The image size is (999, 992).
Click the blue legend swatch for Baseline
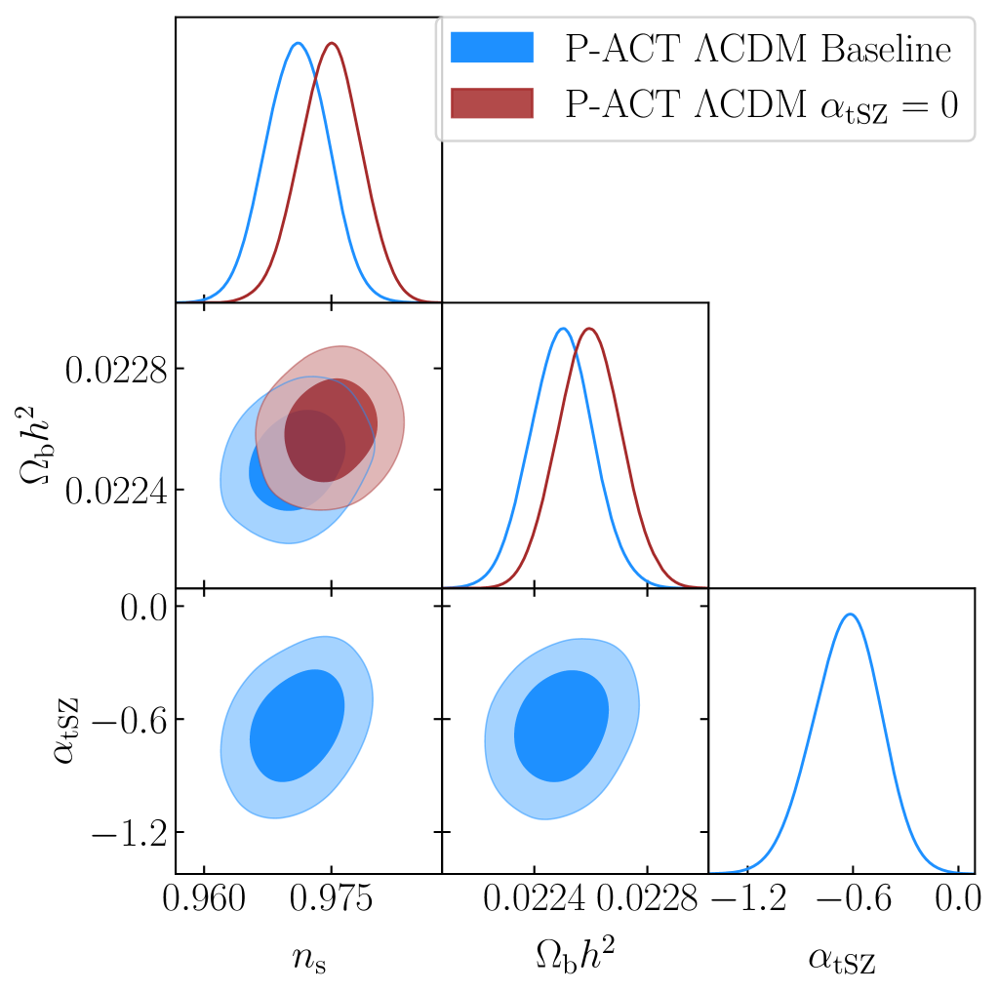pyautogui.click(x=493, y=48)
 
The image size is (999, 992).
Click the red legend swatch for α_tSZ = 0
pyautogui.click(x=493, y=103)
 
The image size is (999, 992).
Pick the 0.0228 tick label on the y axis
pyautogui.click(x=111, y=370)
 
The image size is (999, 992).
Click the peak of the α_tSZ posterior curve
pyautogui.click(x=851, y=615)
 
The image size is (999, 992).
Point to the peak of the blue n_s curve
pyautogui.click(x=298, y=43)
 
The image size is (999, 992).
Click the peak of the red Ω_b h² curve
pyautogui.click(x=589, y=328)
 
